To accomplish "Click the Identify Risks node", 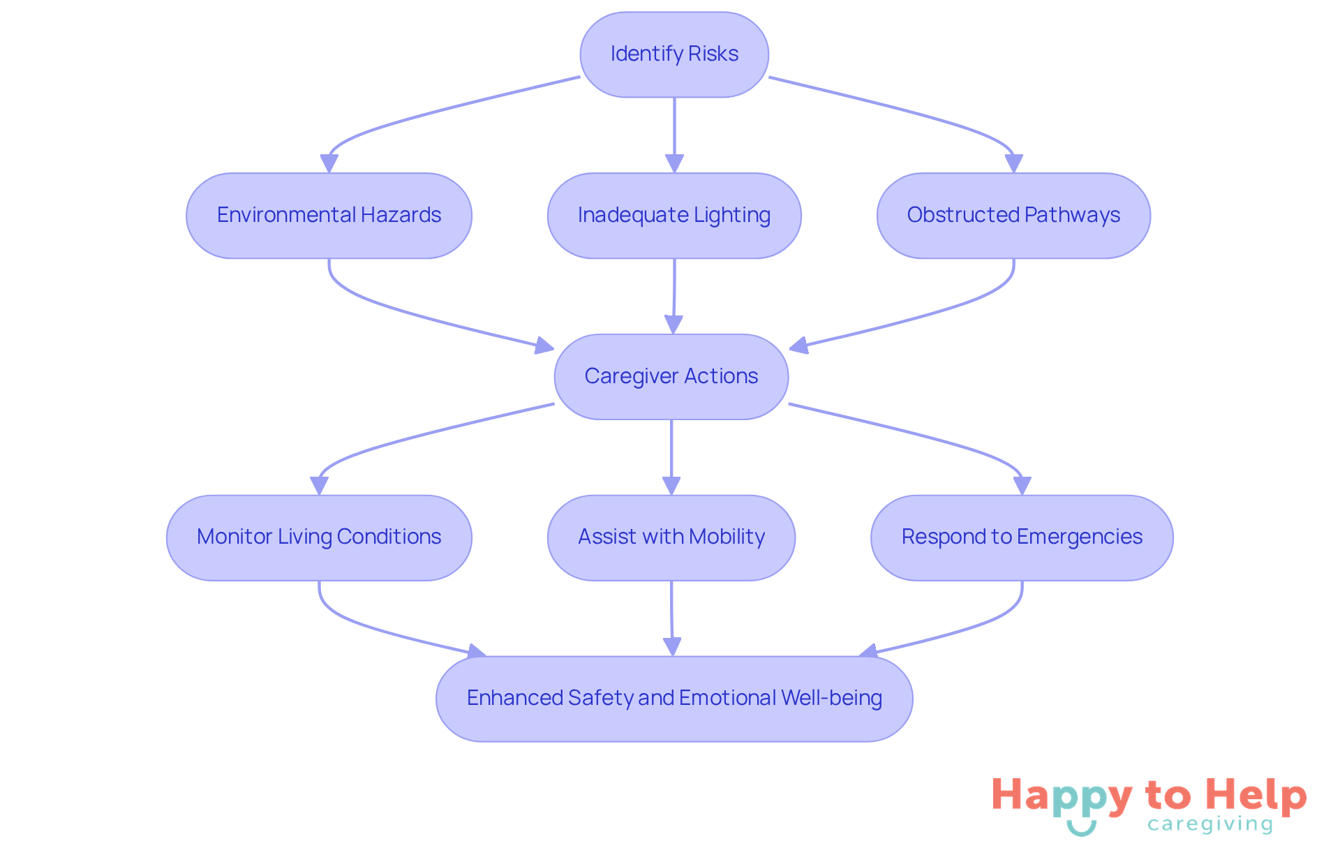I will pyautogui.click(x=674, y=54).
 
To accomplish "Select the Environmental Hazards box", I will pyautogui.click(x=329, y=216).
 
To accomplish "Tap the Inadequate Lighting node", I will pyautogui.click(x=674, y=216).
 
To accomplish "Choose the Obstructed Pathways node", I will pyautogui.click(x=1013, y=216).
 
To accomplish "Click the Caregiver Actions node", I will pyautogui.click(x=671, y=377).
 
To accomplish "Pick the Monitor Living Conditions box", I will pyautogui.click(x=319, y=537).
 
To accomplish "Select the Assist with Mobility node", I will pyautogui.click(x=671, y=537).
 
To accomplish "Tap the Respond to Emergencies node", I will pyautogui.click(x=1022, y=537).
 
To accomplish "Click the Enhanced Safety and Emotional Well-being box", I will pyautogui.click(x=674, y=699).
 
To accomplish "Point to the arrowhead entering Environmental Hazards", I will pyautogui.click(x=329, y=163).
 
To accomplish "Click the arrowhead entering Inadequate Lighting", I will pyautogui.click(x=674, y=163).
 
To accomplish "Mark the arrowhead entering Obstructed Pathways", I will pyautogui.click(x=1013, y=163).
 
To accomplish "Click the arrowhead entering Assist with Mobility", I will pyautogui.click(x=671, y=486).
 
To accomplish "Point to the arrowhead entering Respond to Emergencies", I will pyautogui.click(x=1022, y=486).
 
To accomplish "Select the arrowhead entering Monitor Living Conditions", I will pyautogui.click(x=319, y=486).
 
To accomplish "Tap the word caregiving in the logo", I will pyautogui.click(x=1210, y=825).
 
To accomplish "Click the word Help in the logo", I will pyautogui.click(x=1256, y=796).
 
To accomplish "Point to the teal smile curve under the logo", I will pyautogui.click(x=1081, y=829).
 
